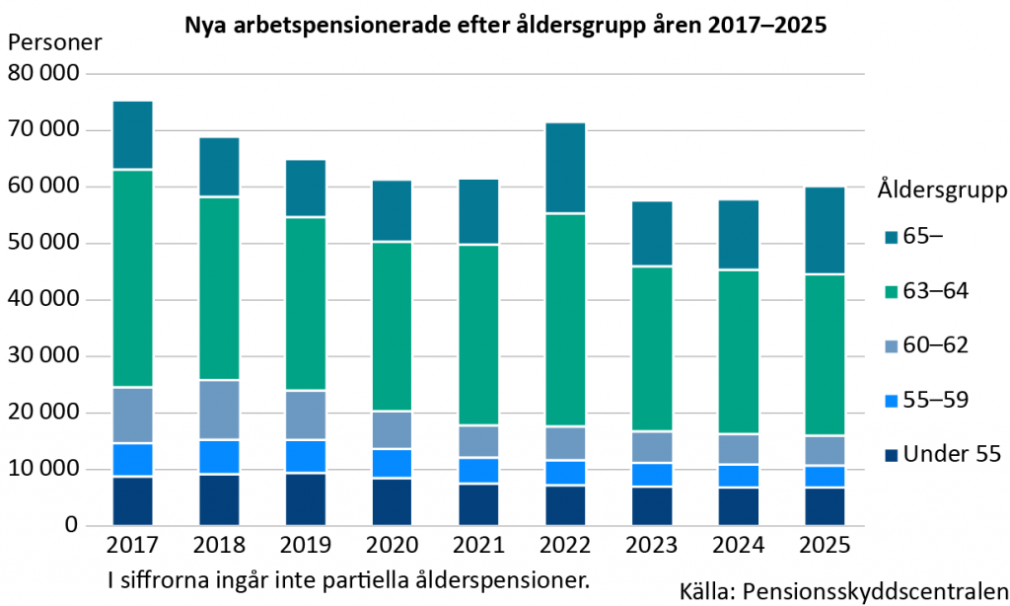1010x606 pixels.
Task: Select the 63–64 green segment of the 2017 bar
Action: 132,278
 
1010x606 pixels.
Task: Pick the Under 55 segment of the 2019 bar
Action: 306,499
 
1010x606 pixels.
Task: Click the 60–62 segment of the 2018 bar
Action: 219,410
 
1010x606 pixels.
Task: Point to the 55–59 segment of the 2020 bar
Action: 392,463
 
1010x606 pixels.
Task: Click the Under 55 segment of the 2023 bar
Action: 651,505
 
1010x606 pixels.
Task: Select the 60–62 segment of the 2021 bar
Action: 478,441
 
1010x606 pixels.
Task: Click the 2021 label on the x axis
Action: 478,546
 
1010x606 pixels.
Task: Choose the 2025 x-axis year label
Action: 825,546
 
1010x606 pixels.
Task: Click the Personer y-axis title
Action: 53,43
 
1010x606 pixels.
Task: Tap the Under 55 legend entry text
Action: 952,455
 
